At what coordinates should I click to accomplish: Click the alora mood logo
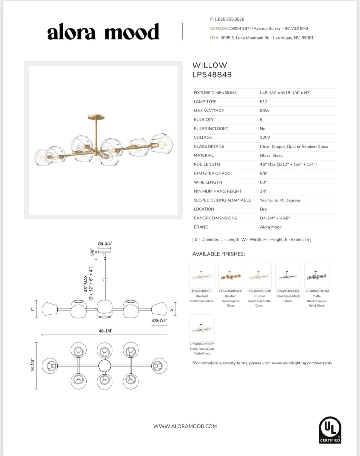(103, 32)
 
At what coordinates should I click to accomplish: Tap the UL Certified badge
(330, 430)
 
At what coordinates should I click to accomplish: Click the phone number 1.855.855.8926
(229, 19)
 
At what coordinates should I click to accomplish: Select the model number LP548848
(212, 75)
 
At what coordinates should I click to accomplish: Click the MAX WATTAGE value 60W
(265, 111)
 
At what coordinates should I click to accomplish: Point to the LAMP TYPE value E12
(264, 102)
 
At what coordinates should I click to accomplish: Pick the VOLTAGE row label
(203, 137)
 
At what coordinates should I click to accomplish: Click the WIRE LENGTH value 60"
(263, 182)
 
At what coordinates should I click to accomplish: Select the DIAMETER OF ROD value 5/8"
(264, 173)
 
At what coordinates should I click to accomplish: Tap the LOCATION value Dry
(263, 209)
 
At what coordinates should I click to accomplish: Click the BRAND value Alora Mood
(271, 227)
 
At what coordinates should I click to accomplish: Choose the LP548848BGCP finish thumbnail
(230, 275)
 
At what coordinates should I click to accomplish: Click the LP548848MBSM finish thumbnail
(317, 275)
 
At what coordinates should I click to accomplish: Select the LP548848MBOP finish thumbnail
(202, 328)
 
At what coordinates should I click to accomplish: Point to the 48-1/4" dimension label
(106, 331)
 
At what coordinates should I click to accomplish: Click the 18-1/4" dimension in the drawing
(33, 365)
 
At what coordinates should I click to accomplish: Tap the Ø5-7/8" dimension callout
(159, 320)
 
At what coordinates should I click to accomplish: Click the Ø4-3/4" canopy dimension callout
(105, 244)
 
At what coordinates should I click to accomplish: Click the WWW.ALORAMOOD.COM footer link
(185, 426)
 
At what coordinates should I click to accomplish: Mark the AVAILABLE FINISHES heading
(218, 254)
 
